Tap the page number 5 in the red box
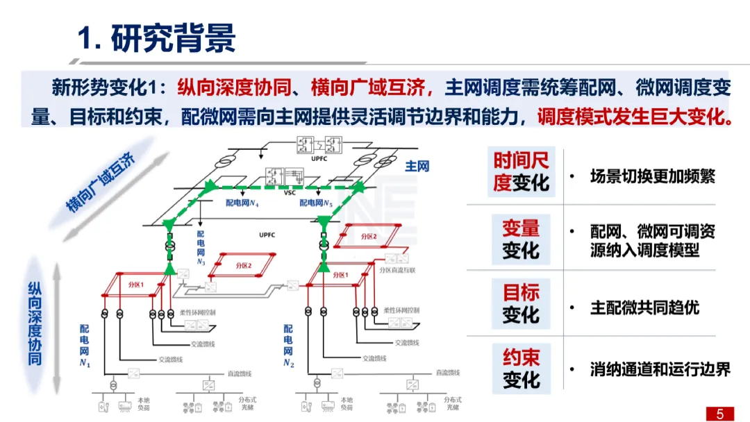719,414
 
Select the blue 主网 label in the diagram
417,167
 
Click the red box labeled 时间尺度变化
521,171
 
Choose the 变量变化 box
521,239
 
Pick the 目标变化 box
521,303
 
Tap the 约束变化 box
521,369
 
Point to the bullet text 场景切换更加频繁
652,176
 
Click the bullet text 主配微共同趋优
644,307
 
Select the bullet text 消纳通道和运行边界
660,369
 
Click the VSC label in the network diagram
290,193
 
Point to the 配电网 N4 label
242,203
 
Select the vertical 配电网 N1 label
84,345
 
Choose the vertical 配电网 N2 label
288,345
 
